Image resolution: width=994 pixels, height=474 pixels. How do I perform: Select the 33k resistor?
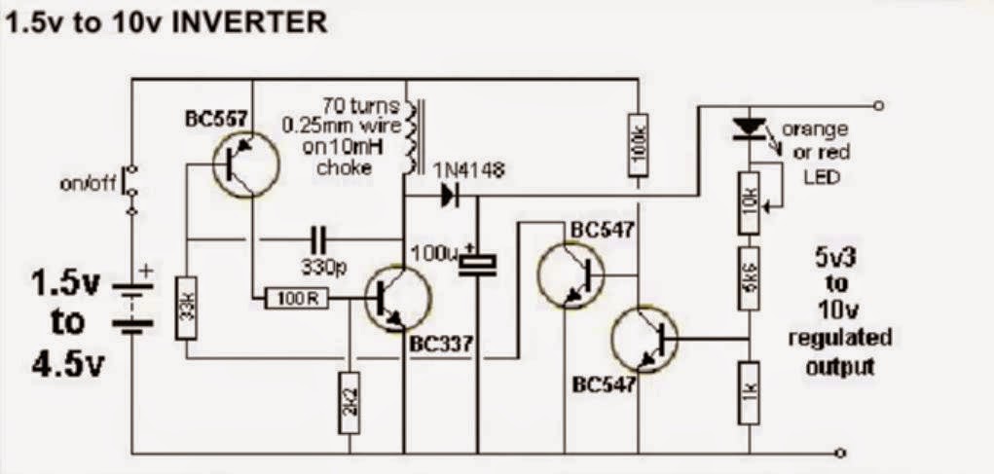186,308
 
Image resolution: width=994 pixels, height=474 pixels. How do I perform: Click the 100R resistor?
297,299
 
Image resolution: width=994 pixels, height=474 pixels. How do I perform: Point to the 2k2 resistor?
350,402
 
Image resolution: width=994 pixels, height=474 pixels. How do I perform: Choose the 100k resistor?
639,145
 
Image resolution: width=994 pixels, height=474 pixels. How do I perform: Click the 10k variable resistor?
750,202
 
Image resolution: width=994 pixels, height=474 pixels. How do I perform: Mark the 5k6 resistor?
750,278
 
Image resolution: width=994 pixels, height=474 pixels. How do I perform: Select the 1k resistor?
750,393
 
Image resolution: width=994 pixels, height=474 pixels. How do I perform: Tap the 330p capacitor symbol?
319,240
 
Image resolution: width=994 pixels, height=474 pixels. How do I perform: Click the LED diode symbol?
750,128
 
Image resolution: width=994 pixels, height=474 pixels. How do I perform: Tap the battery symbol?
132,305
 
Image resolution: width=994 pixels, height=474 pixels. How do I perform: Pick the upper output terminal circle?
877,105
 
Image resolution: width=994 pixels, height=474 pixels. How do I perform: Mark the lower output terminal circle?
840,454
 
